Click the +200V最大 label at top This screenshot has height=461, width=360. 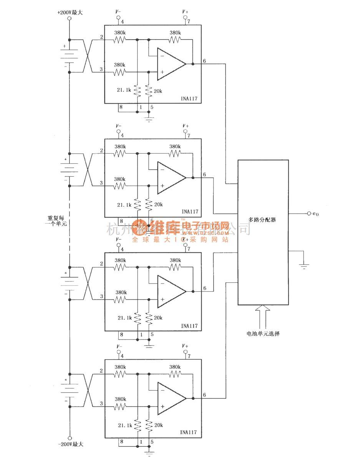click(70, 12)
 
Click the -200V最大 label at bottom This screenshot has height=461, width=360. click(70, 444)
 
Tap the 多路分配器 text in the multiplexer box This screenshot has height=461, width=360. click(262, 220)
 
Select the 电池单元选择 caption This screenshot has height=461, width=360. click(263, 333)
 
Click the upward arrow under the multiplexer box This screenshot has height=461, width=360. click(263, 316)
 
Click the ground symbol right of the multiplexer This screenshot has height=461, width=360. click(304, 265)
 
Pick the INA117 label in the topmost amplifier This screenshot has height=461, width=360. click(189, 99)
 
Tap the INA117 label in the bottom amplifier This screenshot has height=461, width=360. click(189, 432)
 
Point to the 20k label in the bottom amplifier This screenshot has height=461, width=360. click(158, 426)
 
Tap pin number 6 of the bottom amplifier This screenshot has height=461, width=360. click(204, 395)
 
